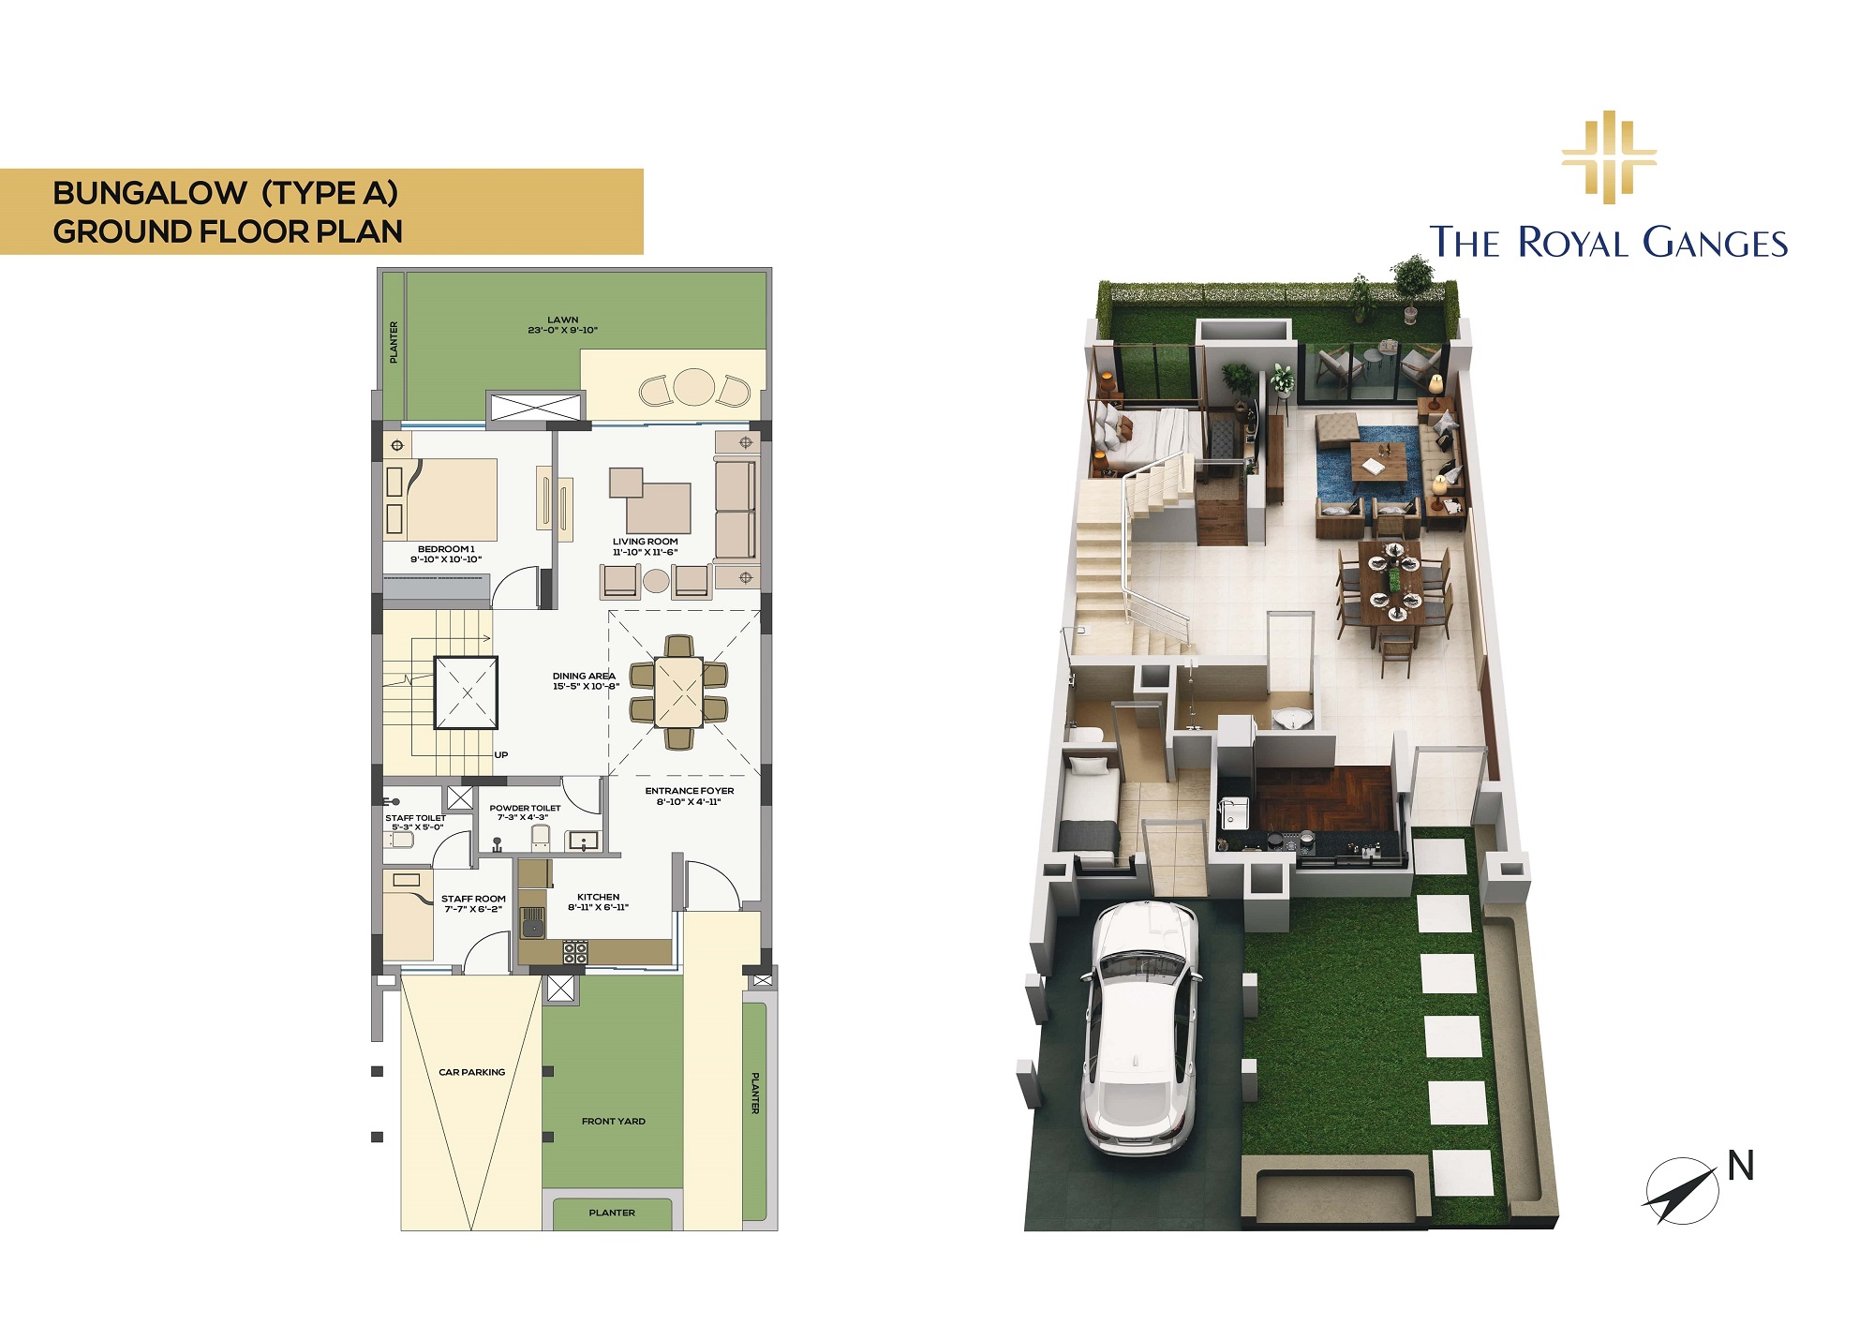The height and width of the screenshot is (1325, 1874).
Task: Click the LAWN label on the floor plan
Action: pos(562,320)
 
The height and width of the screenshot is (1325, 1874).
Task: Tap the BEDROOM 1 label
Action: pos(446,549)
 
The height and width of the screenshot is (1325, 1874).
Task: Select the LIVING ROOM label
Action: pos(646,542)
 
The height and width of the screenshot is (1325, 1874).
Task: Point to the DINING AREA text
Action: pos(584,676)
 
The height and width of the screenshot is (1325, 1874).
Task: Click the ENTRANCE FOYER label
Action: pos(690,791)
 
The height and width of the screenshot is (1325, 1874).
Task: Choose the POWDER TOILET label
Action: pos(525,808)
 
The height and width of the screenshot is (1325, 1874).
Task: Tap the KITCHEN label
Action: pos(598,897)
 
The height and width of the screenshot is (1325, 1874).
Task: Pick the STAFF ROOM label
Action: pos(473,899)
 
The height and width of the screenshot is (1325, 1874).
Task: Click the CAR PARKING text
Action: pos(472,1072)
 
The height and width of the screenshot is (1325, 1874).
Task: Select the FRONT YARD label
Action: pos(614,1121)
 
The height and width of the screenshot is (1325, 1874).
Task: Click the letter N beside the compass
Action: pos(1740,1166)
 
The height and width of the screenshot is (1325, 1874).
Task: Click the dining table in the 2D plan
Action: pos(678,692)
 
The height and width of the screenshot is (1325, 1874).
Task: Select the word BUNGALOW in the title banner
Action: pos(150,193)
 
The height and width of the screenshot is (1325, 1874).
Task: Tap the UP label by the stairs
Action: pos(501,754)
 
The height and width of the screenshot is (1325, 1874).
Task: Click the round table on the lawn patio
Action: pos(694,386)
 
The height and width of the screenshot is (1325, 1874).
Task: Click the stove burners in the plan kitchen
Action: pos(574,952)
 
